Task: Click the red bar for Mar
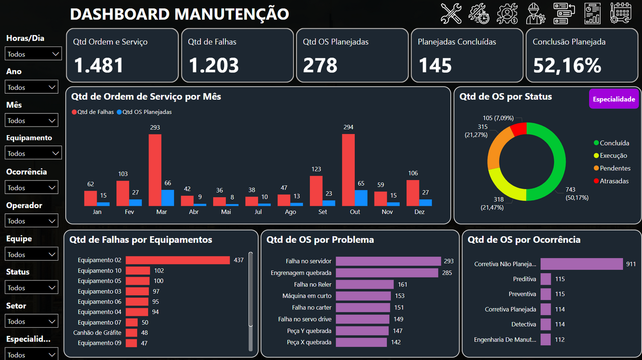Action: tap(155, 170)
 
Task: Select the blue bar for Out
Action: tap(361, 198)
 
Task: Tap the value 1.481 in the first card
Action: tap(99, 65)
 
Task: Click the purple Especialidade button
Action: tap(614, 99)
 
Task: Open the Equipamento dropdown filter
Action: tap(33, 153)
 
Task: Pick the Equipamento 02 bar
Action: tap(177, 260)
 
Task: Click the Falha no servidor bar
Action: tap(388, 261)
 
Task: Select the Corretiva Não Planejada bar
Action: tap(581, 264)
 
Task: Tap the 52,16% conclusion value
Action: tap(567, 65)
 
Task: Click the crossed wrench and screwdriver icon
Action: tap(451, 13)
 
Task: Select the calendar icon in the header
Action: tap(620, 13)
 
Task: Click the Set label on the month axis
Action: tap(323, 212)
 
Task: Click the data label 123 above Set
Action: tap(316, 169)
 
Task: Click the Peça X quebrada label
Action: tap(309, 342)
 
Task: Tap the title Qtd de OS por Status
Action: tap(506, 96)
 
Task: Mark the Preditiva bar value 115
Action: tap(560, 279)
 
